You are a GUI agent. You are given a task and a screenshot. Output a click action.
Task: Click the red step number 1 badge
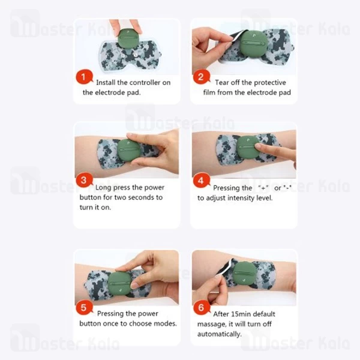click(x=84, y=77)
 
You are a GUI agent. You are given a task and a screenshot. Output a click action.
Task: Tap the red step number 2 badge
click(x=202, y=77)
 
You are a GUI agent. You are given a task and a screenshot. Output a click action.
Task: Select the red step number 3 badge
click(x=84, y=180)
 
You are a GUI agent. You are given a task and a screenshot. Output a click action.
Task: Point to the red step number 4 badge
click(x=202, y=181)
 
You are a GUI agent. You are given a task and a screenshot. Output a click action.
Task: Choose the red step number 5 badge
click(x=84, y=308)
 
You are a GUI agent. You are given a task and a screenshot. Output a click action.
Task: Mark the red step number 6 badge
click(x=202, y=308)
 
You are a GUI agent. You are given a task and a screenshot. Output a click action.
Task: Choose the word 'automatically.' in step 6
click(x=220, y=334)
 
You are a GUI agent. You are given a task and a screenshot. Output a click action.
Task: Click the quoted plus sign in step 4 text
click(x=263, y=188)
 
